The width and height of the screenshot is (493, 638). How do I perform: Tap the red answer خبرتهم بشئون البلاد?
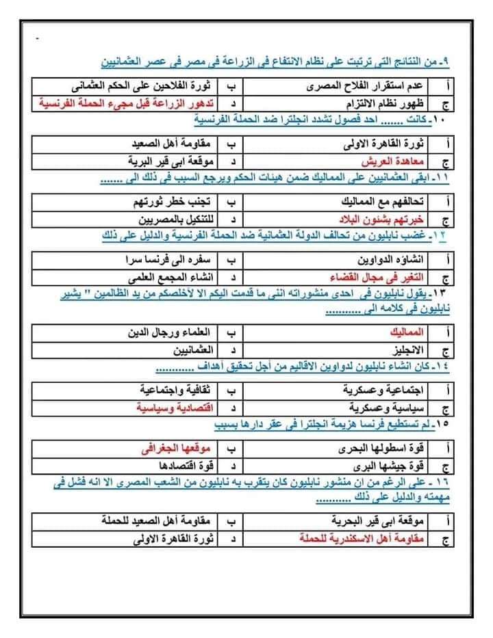click(383, 220)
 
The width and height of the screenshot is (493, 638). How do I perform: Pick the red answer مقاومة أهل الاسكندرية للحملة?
click(363, 537)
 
